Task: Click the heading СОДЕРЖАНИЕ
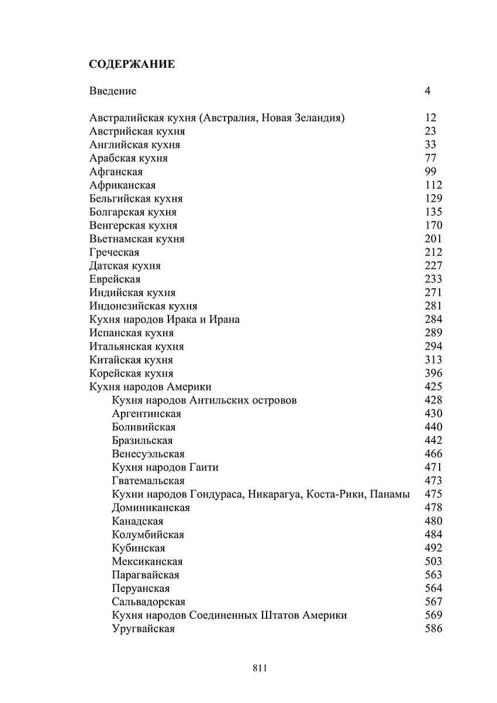(132, 64)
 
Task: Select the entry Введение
(113, 91)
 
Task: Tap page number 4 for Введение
(427, 91)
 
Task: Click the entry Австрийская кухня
(137, 132)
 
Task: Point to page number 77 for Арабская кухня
(431, 158)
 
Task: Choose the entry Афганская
(116, 172)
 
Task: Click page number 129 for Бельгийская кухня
(434, 199)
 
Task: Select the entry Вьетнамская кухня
(137, 239)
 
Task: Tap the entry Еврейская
(115, 280)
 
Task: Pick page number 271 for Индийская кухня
(434, 293)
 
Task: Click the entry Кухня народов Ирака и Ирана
(165, 320)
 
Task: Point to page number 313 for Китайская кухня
(434, 360)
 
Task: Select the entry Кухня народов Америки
(150, 387)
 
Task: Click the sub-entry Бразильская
(142, 441)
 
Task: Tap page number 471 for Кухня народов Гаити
(434, 468)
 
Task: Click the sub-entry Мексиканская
(147, 562)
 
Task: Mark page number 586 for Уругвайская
(434, 629)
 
